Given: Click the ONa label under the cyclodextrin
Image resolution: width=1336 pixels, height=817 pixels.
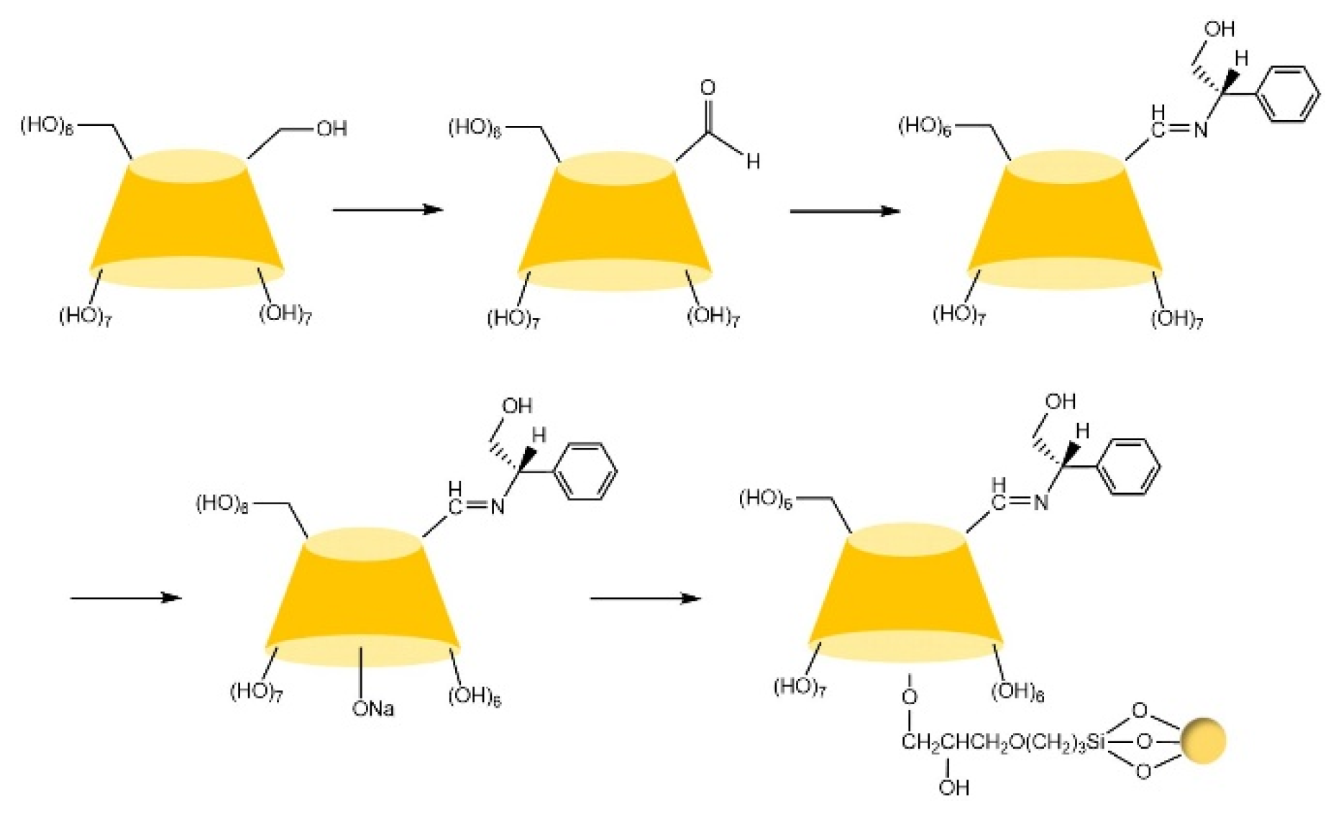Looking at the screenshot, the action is coord(372,709).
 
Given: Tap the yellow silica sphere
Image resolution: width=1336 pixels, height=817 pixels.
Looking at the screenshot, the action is coord(1202,741).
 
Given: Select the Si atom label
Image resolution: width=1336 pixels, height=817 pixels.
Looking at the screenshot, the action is coord(1094,742).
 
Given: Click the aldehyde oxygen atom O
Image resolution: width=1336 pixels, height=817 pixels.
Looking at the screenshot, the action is coord(708,88).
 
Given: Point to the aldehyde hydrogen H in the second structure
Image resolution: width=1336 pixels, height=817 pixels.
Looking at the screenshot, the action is coord(753,161).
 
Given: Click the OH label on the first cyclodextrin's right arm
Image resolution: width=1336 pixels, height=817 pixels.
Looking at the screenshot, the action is coord(331,129).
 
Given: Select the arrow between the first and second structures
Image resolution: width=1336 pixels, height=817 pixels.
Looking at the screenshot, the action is coord(387,209).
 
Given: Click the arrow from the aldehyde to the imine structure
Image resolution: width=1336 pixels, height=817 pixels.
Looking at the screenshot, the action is coord(844,211).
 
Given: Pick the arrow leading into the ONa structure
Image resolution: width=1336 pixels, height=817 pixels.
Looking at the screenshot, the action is coord(125,598).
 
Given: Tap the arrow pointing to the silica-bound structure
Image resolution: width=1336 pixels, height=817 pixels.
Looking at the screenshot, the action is coord(645,598).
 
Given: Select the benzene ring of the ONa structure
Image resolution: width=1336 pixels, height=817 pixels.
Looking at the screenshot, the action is coord(587,472).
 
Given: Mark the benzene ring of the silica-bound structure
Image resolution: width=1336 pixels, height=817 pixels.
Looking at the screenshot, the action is coord(1130,467).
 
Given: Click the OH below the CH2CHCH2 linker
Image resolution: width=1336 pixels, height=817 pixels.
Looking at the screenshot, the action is coord(953,788).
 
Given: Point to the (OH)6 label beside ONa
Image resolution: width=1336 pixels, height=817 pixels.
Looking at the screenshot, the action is coord(474,696).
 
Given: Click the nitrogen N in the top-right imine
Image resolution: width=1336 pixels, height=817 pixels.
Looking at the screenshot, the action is coord(1200,130).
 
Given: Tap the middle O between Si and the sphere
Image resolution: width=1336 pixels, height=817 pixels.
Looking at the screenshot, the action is coord(1145,741).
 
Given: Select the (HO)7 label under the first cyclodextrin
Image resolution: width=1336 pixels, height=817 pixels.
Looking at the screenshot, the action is coord(85,316).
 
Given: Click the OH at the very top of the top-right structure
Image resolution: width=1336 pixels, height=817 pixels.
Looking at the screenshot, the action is coord(1220,29).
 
